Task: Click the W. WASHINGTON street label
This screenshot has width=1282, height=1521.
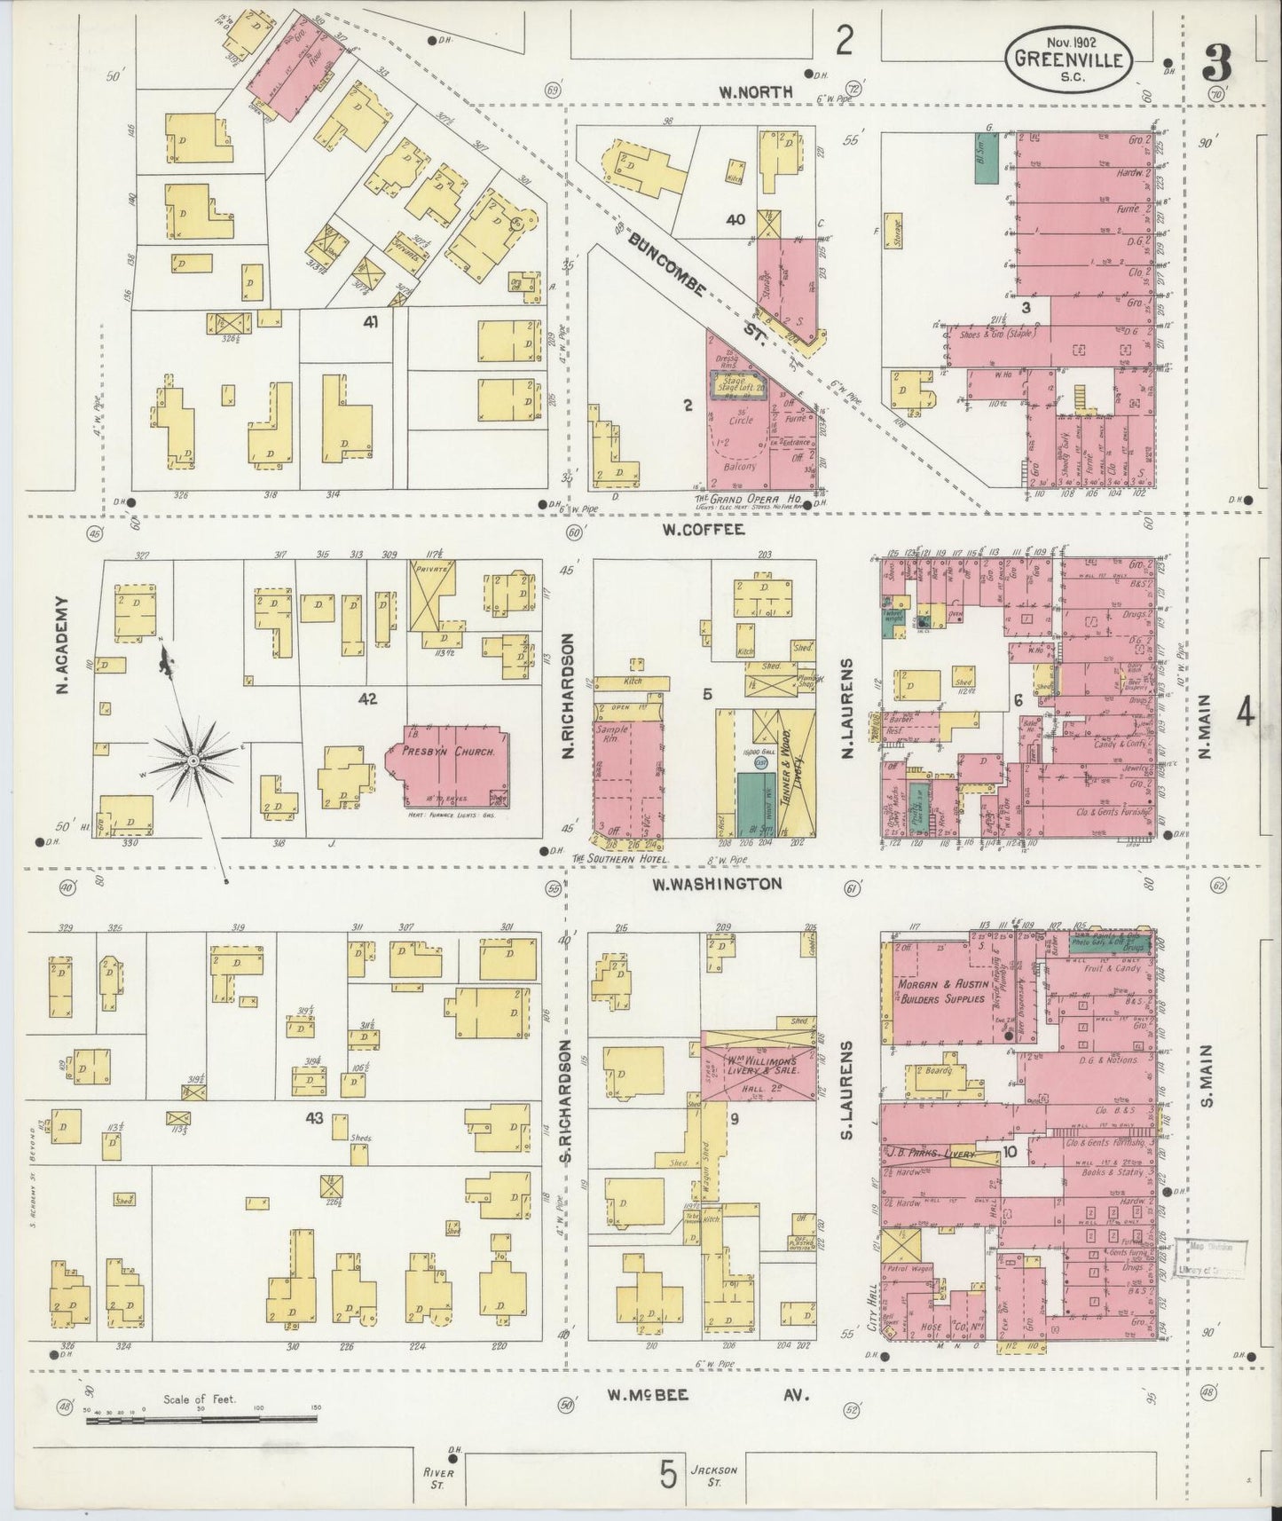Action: click(717, 884)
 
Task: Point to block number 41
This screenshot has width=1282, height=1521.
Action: click(371, 324)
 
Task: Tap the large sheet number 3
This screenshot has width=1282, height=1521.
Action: click(1216, 64)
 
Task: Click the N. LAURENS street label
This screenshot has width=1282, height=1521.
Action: click(846, 707)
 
